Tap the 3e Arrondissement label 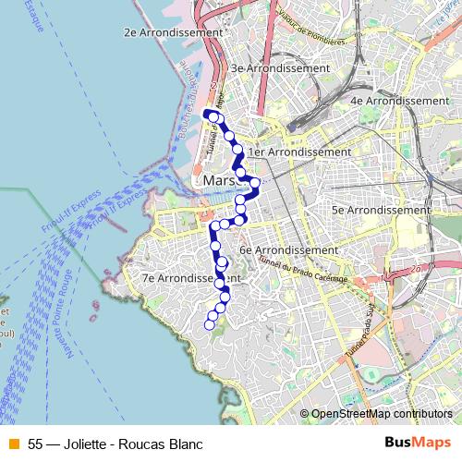coord(280,68)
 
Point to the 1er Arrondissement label coord(300,152)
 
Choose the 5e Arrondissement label coord(381,210)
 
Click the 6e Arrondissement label coord(288,249)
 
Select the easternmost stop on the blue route coord(255,182)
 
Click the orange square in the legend coord(13,444)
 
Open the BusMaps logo coord(417,444)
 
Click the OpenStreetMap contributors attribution coord(382,415)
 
